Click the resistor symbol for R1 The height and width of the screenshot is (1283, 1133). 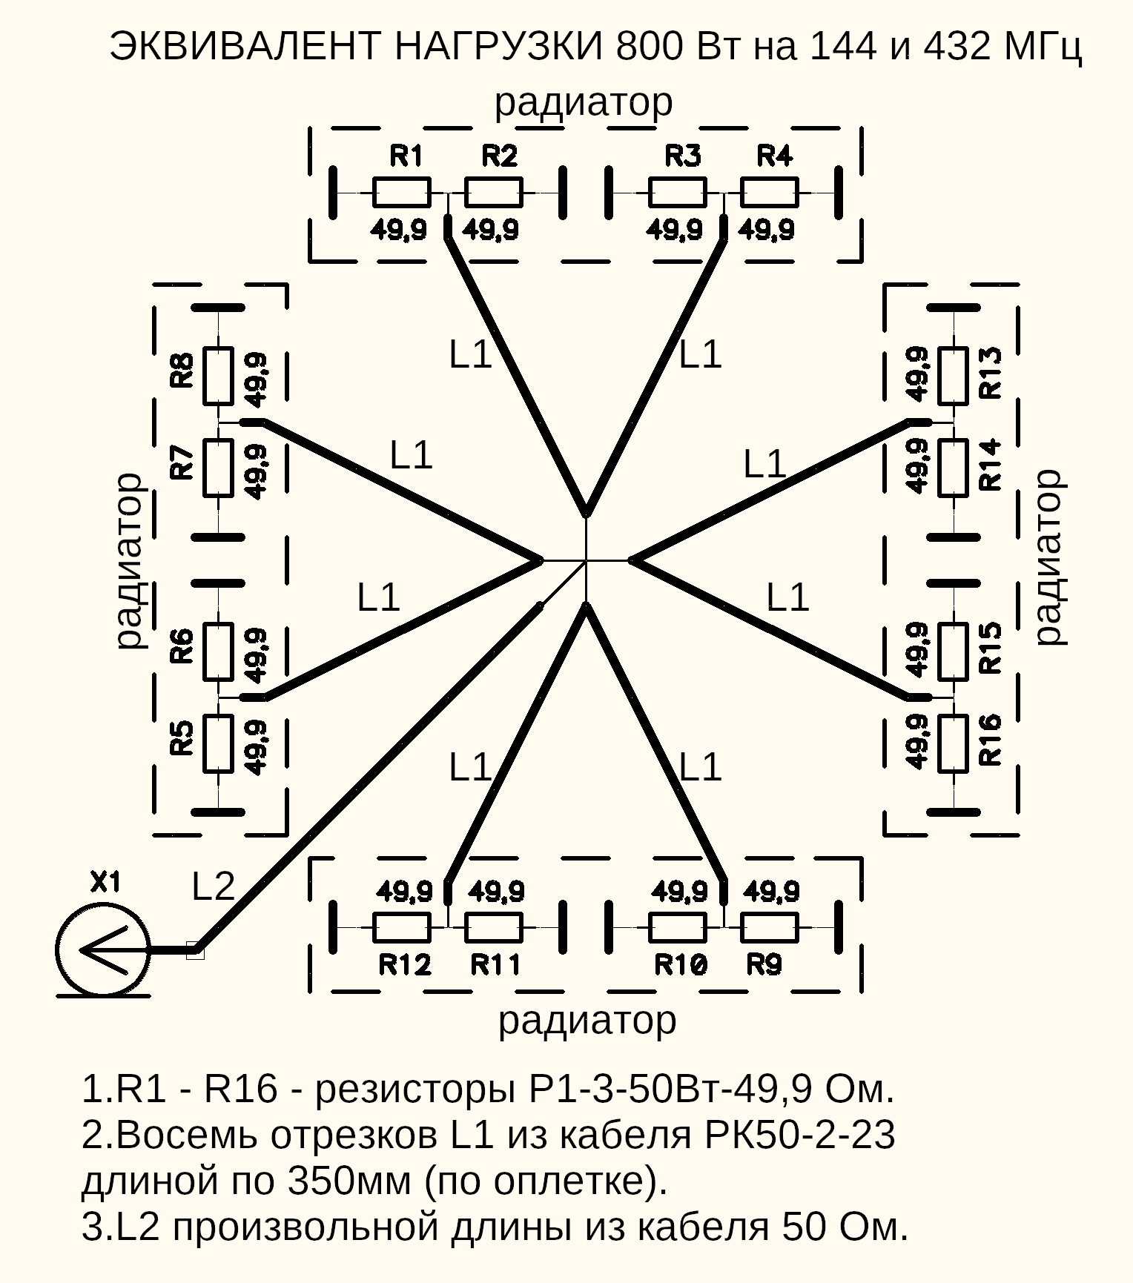click(x=401, y=193)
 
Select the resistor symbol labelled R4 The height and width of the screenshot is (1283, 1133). click(x=770, y=193)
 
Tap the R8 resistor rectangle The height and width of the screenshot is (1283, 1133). click(x=219, y=376)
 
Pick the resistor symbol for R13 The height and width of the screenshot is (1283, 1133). click(x=953, y=376)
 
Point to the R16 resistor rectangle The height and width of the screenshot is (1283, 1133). click(x=953, y=743)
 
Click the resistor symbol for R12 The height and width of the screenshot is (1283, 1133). click(x=401, y=927)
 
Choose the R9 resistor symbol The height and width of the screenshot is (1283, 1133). click(x=770, y=927)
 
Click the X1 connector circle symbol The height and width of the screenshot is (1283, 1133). click(x=103, y=949)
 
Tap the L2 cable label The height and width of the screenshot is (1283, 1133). click(x=213, y=886)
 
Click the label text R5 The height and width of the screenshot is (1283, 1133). click(x=182, y=738)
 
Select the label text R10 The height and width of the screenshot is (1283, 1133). click(x=681, y=964)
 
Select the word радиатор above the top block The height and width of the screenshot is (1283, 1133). click(x=584, y=102)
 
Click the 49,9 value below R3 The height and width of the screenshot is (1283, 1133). click(x=674, y=231)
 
